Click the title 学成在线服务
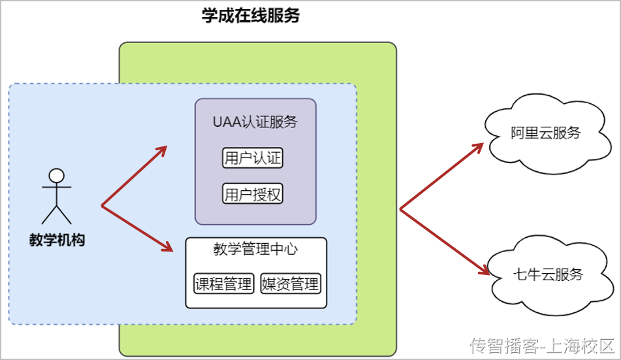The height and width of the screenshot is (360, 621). click(x=251, y=16)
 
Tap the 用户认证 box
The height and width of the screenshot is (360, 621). click(x=253, y=158)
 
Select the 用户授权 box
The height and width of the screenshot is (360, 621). click(x=253, y=194)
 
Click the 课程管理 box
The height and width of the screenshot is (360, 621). click(x=223, y=284)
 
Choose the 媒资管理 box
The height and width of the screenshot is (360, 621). click(x=290, y=284)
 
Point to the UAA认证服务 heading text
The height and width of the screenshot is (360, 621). click(x=255, y=122)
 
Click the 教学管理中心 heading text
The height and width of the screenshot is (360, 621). click(x=255, y=249)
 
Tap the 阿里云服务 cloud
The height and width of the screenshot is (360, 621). click(x=546, y=133)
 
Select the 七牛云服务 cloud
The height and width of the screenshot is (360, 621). click(x=547, y=274)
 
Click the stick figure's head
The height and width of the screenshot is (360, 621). click(x=57, y=176)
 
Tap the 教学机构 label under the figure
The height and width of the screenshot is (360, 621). click(x=57, y=240)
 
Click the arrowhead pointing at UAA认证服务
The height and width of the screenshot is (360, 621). click(x=161, y=149)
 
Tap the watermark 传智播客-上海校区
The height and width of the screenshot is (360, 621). click(x=542, y=345)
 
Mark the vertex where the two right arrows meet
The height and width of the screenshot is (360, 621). click(x=400, y=210)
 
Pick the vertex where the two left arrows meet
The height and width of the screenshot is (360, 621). click(x=102, y=206)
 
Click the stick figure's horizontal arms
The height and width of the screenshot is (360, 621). click(x=57, y=187)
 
